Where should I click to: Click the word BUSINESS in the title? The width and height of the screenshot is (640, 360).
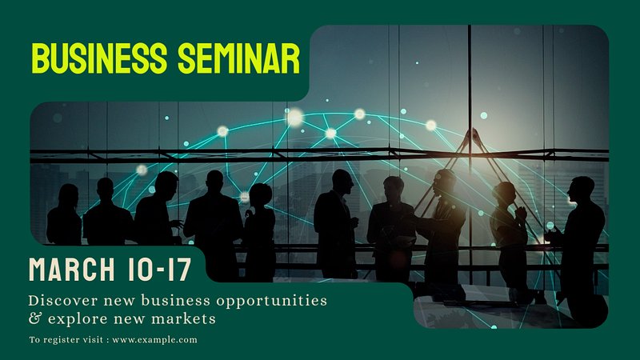coord(99,58)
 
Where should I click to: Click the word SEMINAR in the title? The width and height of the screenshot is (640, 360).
coord(239,58)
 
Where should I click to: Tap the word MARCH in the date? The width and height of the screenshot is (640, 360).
coord(72,270)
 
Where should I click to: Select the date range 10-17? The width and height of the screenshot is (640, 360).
coord(159,270)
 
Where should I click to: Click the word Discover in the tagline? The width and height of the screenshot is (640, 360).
coord(63,301)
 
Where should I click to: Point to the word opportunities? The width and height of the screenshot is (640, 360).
coord(272,302)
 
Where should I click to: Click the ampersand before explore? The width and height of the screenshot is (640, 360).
coord(34,318)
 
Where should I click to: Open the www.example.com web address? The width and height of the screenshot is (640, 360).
coord(154,339)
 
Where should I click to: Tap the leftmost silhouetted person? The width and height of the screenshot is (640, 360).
coord(64,214)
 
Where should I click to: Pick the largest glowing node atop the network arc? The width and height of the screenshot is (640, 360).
coord(294,117)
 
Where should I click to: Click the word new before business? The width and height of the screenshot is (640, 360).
coord(118,302)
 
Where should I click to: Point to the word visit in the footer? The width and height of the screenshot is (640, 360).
coord(93,339)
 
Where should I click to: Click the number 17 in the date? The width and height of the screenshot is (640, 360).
coord(179,270)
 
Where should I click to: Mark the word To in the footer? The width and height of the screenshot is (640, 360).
coord(34,339)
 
